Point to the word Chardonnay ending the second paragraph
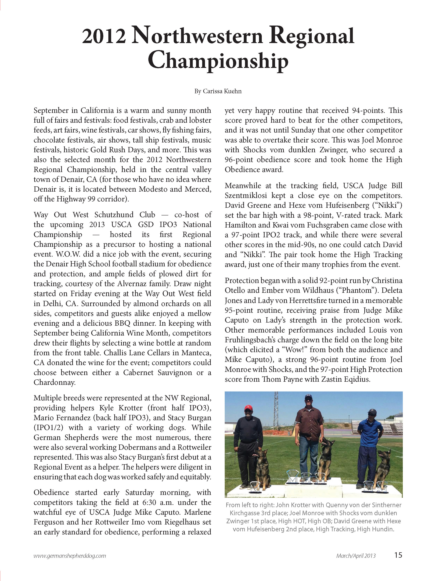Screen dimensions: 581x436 pos(54,382)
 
